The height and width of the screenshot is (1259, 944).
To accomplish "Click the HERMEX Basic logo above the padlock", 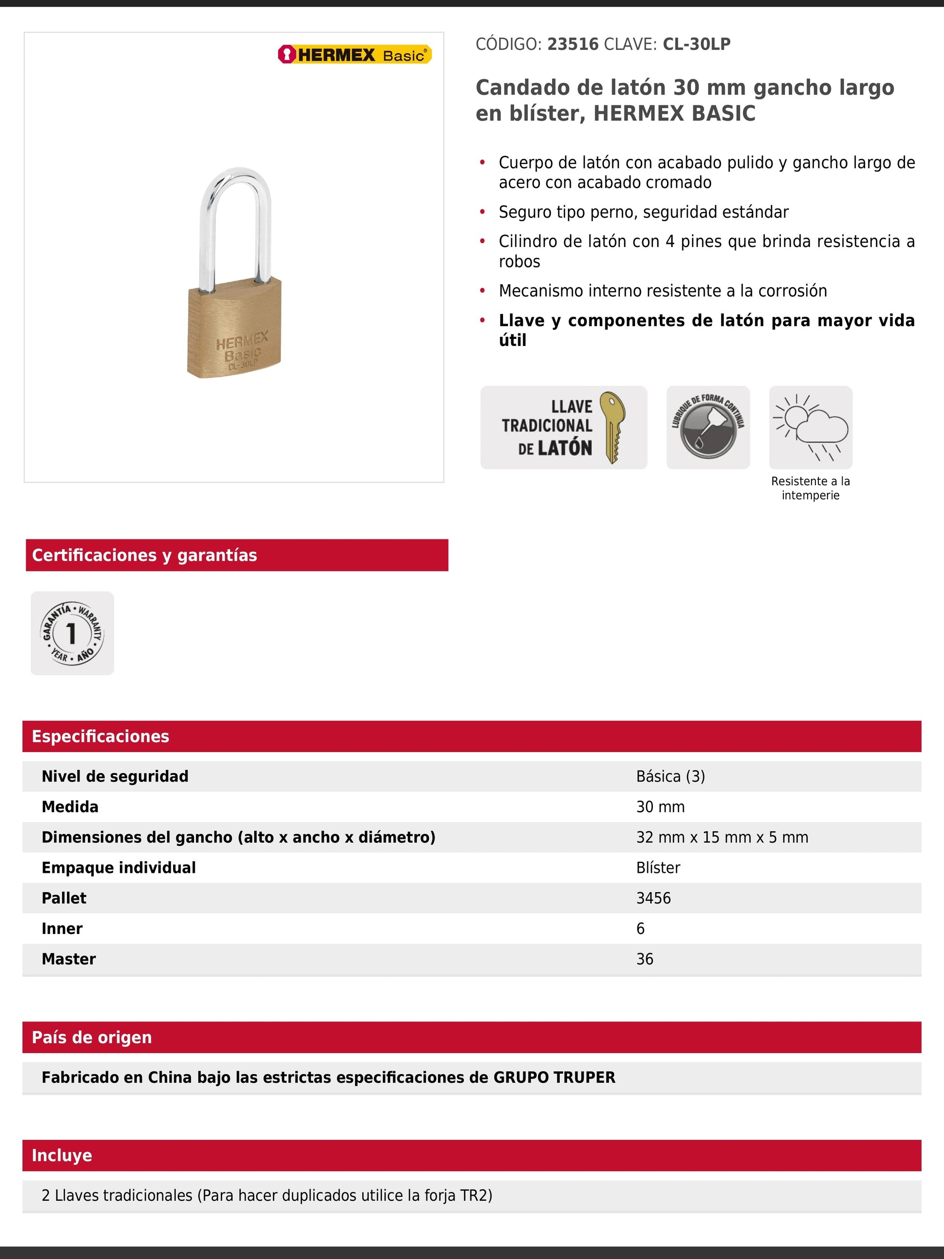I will click(x=355, y=55).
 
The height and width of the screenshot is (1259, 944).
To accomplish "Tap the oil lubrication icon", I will click(x=708, y=427).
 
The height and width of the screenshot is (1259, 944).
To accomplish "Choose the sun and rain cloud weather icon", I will click(x=810, y=427).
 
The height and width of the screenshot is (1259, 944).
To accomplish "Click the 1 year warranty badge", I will click(x=72, y=633).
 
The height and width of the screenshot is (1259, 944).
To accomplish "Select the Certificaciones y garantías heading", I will click(x=145, y=555).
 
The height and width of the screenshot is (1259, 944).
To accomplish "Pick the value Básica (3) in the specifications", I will click(x=670, y=776).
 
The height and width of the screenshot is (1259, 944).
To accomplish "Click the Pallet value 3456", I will click(x=653, y=898).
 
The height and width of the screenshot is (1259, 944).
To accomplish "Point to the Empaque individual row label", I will click(x=118, y=867).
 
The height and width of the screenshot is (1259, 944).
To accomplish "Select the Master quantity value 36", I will click(x=644, y=959).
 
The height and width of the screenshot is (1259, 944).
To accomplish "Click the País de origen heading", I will click(x=92, y=1037).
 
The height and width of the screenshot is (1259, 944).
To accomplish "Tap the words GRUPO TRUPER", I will click(x=553, y=1078).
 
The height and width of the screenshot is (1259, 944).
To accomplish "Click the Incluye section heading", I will click(x=62, y=1155).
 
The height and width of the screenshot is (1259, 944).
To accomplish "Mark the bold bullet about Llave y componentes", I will click(x=706, y=329).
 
